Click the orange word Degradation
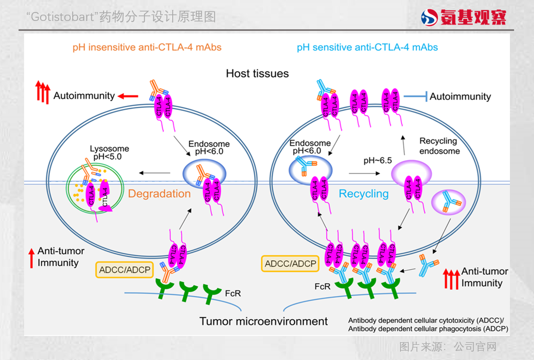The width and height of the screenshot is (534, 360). coord(160,194)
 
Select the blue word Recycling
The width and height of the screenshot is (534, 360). coord(364,194)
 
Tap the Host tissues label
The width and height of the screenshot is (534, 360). coord(257,73)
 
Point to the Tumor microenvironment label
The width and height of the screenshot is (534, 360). coord(264,321)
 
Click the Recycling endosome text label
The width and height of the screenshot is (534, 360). coord(439,146)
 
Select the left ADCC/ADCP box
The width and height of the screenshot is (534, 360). coord(124,270)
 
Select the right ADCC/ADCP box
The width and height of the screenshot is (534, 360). coord(291,264)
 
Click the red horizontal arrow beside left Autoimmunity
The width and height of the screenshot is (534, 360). coord(128,96)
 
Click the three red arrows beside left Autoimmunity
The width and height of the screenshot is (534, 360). coord(42,92)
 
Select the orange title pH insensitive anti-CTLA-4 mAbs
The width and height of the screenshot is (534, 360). coord(147,48)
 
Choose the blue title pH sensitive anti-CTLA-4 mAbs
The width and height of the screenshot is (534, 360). coord(367,48)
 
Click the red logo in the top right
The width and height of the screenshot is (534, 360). coord(464,17)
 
